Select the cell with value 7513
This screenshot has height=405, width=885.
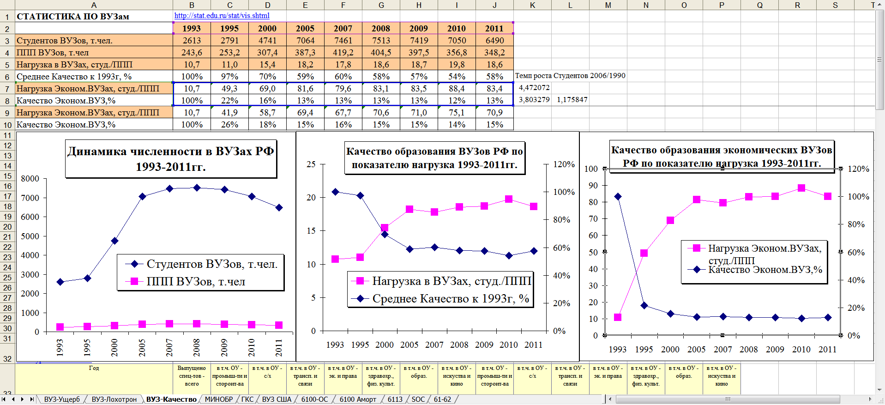click(x=381, y=41)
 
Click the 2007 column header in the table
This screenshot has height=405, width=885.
click(x=343, y=29)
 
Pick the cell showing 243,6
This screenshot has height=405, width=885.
click(x=192, y=53)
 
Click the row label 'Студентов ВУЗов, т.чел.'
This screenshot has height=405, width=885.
click(x=65, y=41)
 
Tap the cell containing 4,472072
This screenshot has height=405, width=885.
click(x=534, y=88)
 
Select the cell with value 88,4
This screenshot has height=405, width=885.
click(x=457, y=89)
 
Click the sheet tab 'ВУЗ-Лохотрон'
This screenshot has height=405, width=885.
click(x=114, y=399)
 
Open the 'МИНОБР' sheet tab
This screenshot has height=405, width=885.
click(x=219, y=399)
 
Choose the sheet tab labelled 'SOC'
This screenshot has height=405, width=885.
click(x=418, y=399)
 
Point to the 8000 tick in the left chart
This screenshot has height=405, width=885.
click(x=30, y=179)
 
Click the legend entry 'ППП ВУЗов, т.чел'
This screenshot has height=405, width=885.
click(x=195, y=282)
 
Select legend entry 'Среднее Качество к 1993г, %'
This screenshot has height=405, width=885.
click(x=450, y=299)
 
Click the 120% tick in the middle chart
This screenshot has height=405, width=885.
click(x=564, y=164)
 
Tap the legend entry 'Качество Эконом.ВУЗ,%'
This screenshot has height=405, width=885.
click(x=765, y=270)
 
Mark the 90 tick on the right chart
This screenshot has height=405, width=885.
click(x=593, y=186)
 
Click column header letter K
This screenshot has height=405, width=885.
click(x=532, y=5)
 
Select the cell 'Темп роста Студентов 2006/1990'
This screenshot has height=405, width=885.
click(x=570, y=76)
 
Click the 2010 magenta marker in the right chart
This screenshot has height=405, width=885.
click(x=801, y=188)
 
